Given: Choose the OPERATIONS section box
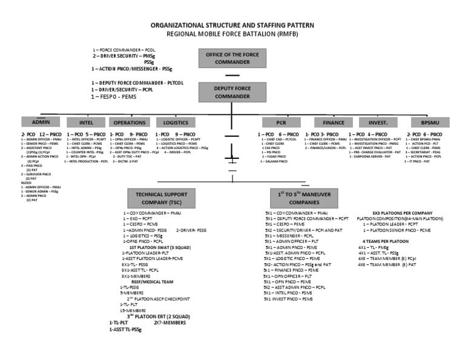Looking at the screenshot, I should pos(130,122).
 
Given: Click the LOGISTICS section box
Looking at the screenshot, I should pos(176,122).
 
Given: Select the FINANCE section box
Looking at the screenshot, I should pos(333,122).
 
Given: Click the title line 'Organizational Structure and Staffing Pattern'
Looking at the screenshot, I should pos(232,27).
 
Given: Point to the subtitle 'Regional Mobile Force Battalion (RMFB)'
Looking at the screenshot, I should pos(233,36).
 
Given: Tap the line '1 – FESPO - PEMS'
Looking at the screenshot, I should pos(114,96).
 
